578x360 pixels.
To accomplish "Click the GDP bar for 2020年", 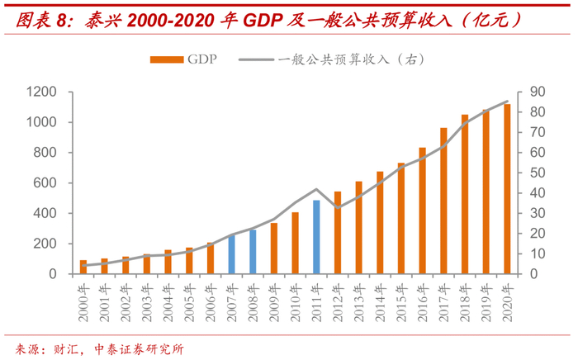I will click(507, 189).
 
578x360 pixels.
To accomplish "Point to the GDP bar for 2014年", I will click(380, 222).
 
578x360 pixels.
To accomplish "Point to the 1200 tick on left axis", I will click(41, 92).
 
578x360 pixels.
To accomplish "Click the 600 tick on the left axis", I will click(45, 182).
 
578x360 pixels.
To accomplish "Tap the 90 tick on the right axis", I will click(536, 92).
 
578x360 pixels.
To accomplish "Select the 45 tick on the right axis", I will click(536, 182).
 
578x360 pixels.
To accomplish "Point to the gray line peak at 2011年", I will click(316, 189).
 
